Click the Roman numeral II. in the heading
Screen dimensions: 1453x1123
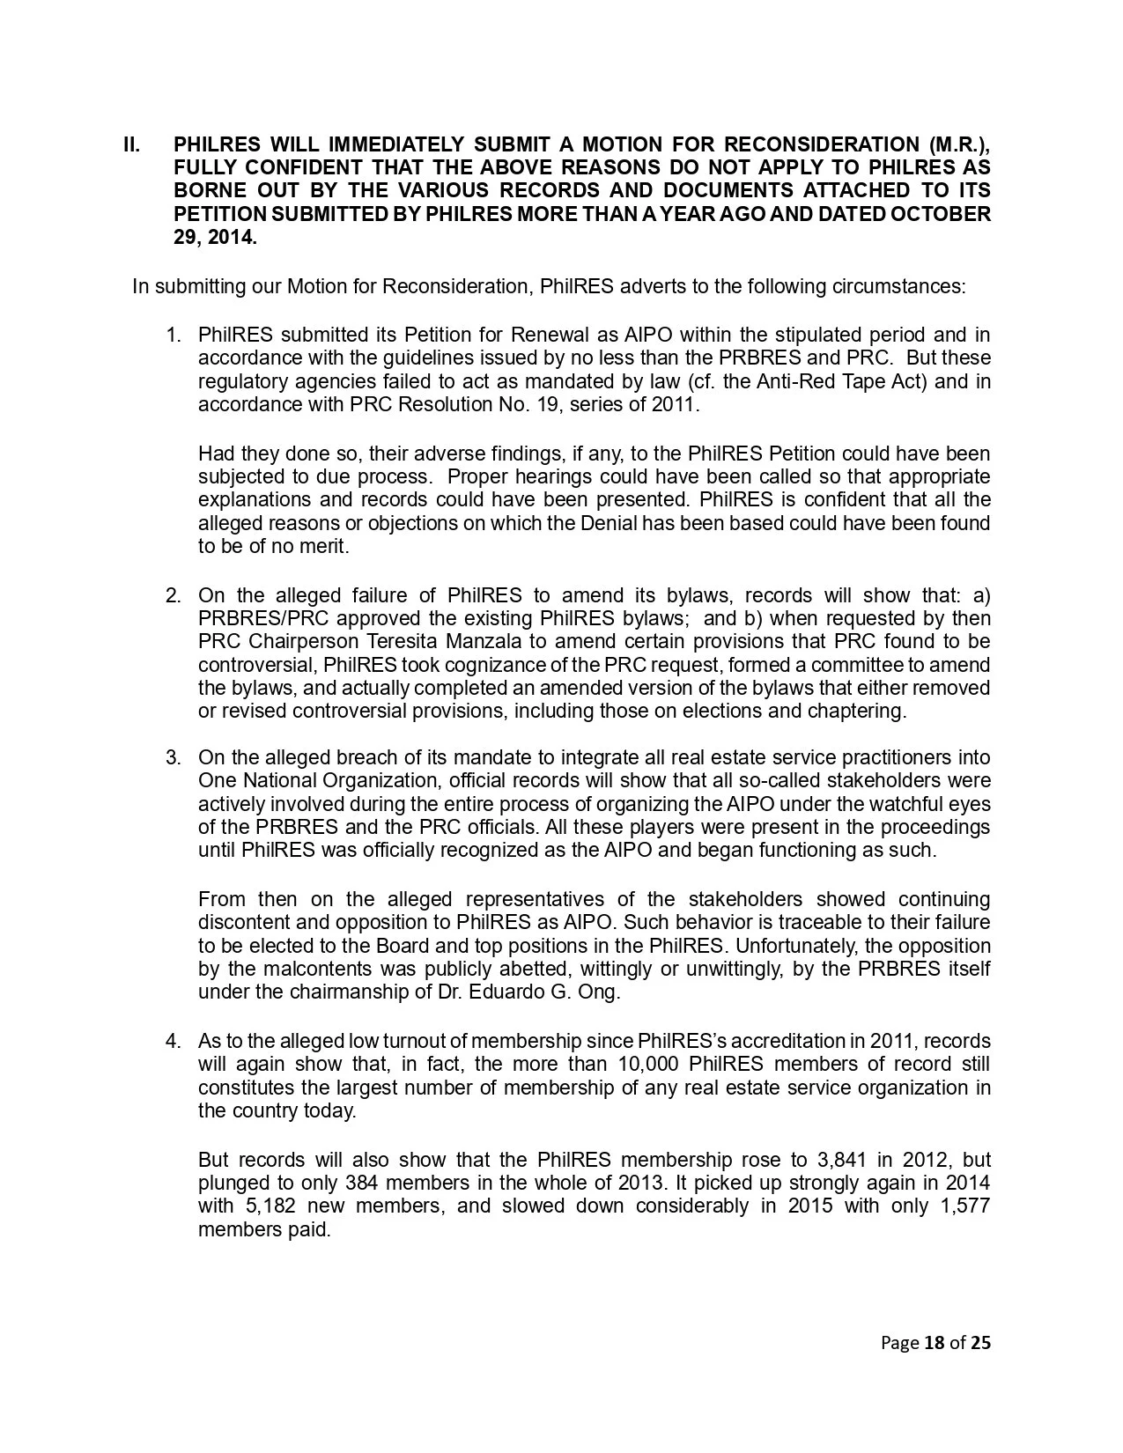point(131,144)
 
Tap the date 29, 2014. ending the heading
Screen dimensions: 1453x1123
point(215,237)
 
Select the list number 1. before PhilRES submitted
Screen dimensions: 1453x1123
point(174,336)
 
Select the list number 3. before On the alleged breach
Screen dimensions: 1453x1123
point(174,758)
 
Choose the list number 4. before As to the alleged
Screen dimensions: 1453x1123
point(174,1041)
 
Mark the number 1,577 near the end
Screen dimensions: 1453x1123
point(965,1206)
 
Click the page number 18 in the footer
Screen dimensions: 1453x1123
point(933,1343)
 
